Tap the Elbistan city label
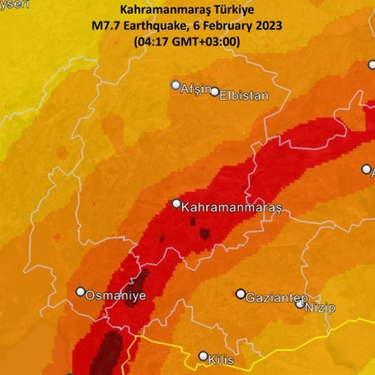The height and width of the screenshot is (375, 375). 244,95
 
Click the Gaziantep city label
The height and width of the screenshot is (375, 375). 276,298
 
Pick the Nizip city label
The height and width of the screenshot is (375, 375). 320,307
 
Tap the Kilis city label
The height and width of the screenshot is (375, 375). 221,360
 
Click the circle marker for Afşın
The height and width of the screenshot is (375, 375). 176,85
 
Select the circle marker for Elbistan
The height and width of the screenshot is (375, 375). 215,92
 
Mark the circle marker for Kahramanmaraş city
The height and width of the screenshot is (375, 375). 177,204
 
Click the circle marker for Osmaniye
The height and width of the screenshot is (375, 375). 81,291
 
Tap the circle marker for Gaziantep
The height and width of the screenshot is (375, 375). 241,294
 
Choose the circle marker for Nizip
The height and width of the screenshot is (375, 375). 300,303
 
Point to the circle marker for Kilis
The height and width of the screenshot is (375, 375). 203,356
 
